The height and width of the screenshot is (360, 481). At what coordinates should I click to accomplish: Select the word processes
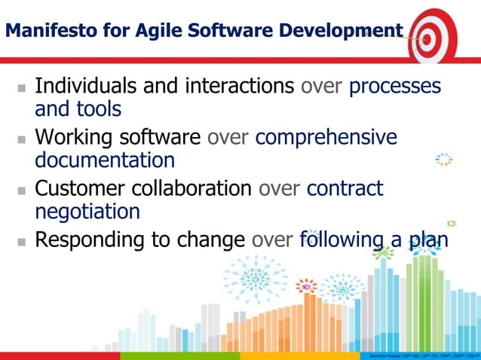coord(395,86)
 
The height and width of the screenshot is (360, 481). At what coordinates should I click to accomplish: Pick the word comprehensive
coord(326,137)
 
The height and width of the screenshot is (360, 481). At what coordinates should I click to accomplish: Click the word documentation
coord(105,160)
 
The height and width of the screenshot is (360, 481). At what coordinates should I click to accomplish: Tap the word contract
coord(345,188)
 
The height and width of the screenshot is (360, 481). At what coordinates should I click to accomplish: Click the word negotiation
coord(87,212)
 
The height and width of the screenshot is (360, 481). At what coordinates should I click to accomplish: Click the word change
coord(211,240)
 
